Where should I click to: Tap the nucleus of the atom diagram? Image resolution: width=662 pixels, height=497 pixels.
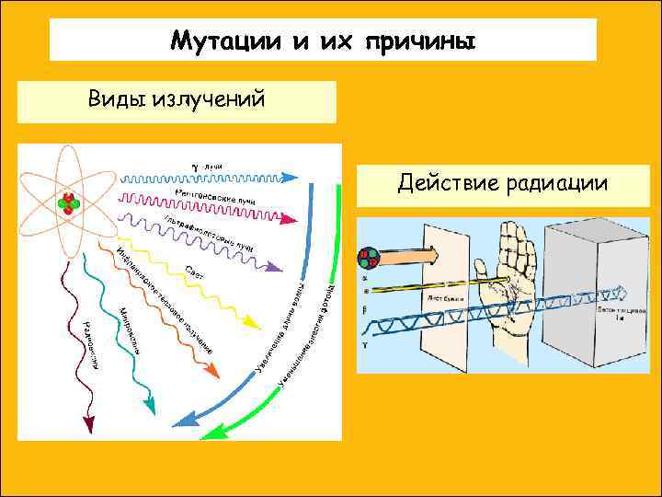68,202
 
